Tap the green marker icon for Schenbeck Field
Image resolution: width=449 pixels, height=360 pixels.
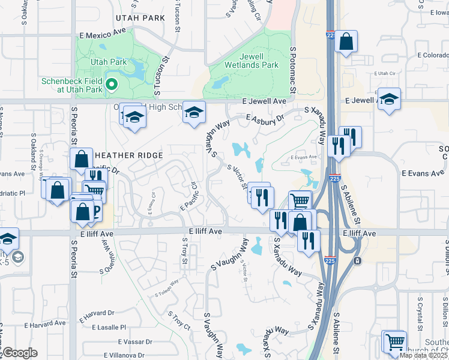(x=111, y=86)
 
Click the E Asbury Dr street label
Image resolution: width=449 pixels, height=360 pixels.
(x=263, y=121)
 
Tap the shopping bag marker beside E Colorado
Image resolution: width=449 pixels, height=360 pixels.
(x=346, y=42)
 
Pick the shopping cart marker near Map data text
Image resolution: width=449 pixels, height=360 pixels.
(x=395, y=342)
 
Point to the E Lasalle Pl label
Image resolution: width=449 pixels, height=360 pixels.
(x=109, y=328)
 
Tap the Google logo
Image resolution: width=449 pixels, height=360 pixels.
(x=19, y=353)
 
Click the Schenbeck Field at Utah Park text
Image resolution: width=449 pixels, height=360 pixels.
(x=73, y=85)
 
